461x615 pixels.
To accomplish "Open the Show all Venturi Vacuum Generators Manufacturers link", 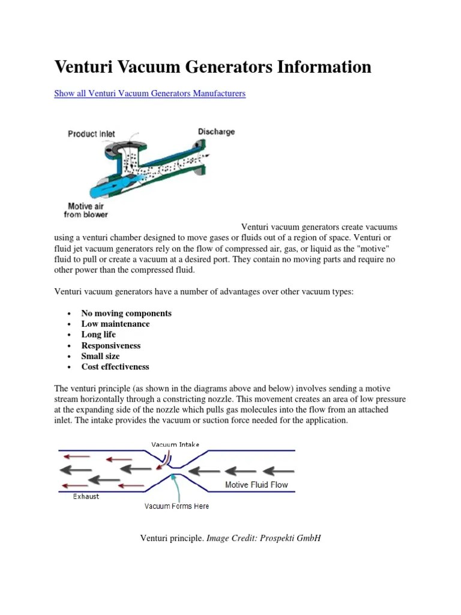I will tap(149, 94).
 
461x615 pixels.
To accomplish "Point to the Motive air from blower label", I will tap(86, 210).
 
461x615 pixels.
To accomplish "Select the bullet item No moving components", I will tap(126, 314).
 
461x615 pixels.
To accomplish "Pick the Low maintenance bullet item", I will tap(115, 324).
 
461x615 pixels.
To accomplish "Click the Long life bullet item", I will tap(98, 335).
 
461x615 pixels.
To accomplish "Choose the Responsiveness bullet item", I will tap(111, 345).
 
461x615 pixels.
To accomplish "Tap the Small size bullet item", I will tap(100, 356).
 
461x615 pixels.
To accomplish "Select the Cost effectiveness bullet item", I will tap(115, 366).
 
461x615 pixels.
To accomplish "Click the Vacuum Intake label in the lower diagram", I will tap(175, 444).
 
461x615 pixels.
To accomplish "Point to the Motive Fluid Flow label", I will tap(256, 484).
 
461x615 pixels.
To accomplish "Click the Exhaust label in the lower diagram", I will tap(86, 496).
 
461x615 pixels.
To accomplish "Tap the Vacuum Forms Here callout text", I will tap(176, 506).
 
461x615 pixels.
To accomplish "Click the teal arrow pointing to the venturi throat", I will tap(175, 486).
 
